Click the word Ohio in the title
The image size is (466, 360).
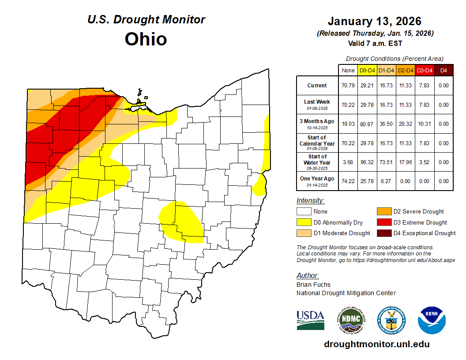(146, 39)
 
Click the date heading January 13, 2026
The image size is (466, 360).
(375, 21)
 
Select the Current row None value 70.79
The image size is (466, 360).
(348, 86)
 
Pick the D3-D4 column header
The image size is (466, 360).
(425, 70)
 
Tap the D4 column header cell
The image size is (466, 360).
(443, 70)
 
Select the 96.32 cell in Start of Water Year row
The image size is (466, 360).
(367, 162)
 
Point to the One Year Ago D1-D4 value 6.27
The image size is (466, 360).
(386, 181)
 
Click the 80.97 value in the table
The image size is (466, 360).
(367, 124)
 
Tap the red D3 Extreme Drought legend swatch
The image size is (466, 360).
(383, 222)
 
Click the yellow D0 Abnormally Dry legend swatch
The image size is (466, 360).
(304, 222)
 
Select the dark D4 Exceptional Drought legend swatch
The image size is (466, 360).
(383, 233)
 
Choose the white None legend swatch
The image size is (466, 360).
(304, 212)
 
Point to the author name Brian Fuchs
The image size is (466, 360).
(313, 285)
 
